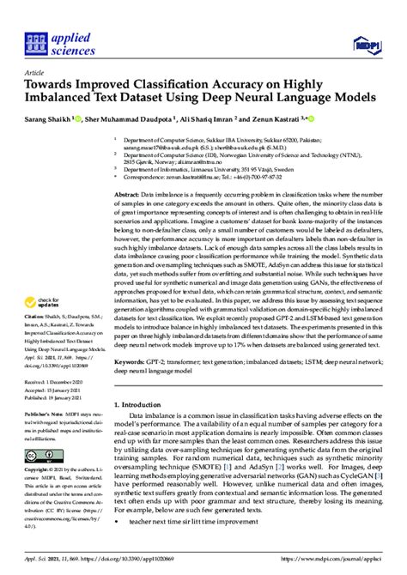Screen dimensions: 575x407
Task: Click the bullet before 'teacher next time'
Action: coord(121,545)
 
